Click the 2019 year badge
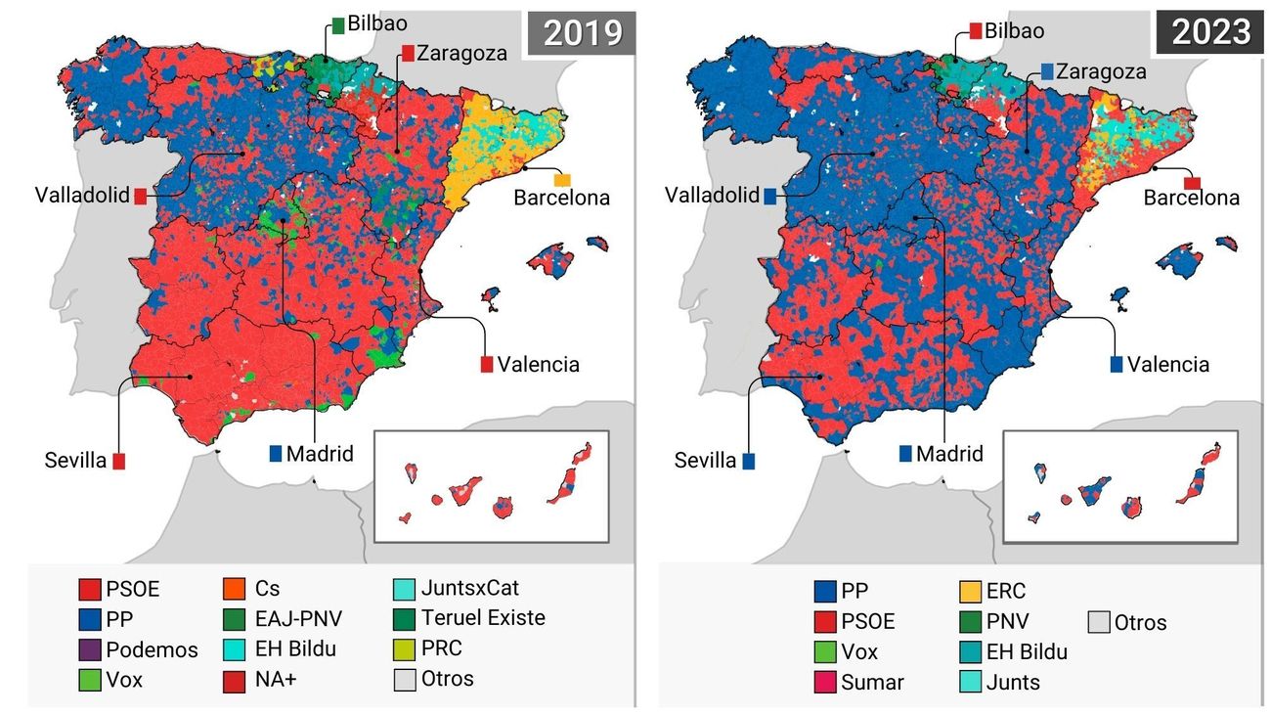[582, 33]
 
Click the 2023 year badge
[1210, 33]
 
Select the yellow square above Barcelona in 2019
[562, 180]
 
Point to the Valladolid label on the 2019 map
[82, 195]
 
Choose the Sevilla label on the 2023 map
[705, 460]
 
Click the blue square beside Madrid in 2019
[276, 454]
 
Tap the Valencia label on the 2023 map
[1167, 365]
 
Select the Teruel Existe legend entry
[483, 618]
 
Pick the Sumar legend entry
[860, 682]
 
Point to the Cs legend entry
[266, 589]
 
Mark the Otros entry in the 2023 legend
[1137, 622]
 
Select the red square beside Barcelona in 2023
[1192, 183]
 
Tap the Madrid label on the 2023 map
[949, 454]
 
